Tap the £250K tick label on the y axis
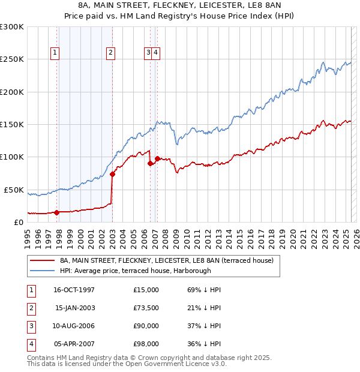(x=12, y=59)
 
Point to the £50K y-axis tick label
(x=14, y=190)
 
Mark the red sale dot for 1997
(x=57, y=212)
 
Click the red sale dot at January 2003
(x=112, y=175)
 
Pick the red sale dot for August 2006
(x=150, y=163)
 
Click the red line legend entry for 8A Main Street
(x=167, y=260)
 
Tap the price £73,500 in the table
(x=146, y=308)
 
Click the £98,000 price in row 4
(x=146, y=344)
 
